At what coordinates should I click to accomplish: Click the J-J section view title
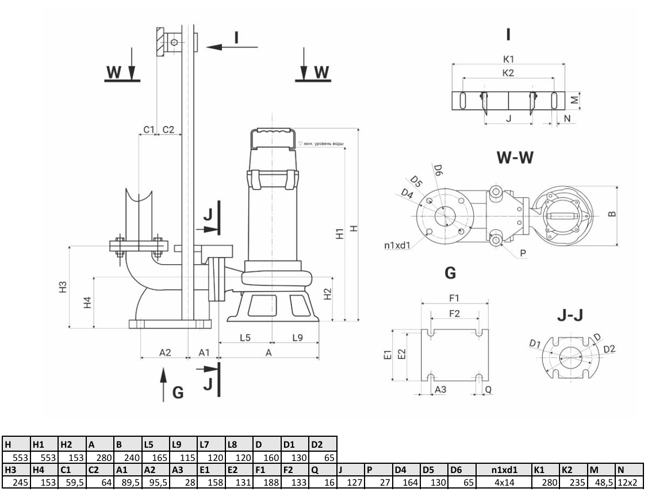coord(572,315)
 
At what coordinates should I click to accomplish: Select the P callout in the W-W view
coord(523,252)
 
